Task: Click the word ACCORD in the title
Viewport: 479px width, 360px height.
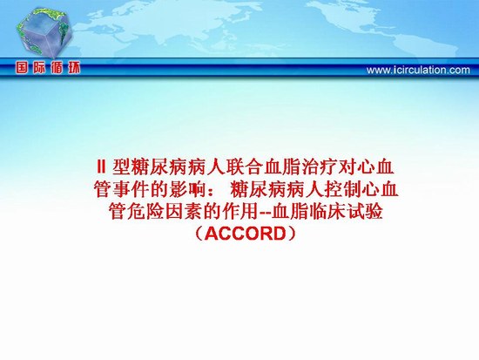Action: point(245,234)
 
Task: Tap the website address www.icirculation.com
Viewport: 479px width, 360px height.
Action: point(418,70)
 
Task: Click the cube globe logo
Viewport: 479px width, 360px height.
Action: point(44,33)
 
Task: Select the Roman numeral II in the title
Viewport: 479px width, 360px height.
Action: point(101,167)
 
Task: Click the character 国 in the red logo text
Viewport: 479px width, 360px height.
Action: point(22,68)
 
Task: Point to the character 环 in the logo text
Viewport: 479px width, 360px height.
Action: point(74,68)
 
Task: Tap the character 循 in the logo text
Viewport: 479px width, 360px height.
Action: point(57,68)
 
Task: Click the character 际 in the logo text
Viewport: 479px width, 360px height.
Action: point(39,68)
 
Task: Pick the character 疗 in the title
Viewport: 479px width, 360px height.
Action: point(329,167)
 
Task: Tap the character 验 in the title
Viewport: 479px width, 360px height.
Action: point(374,211)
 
